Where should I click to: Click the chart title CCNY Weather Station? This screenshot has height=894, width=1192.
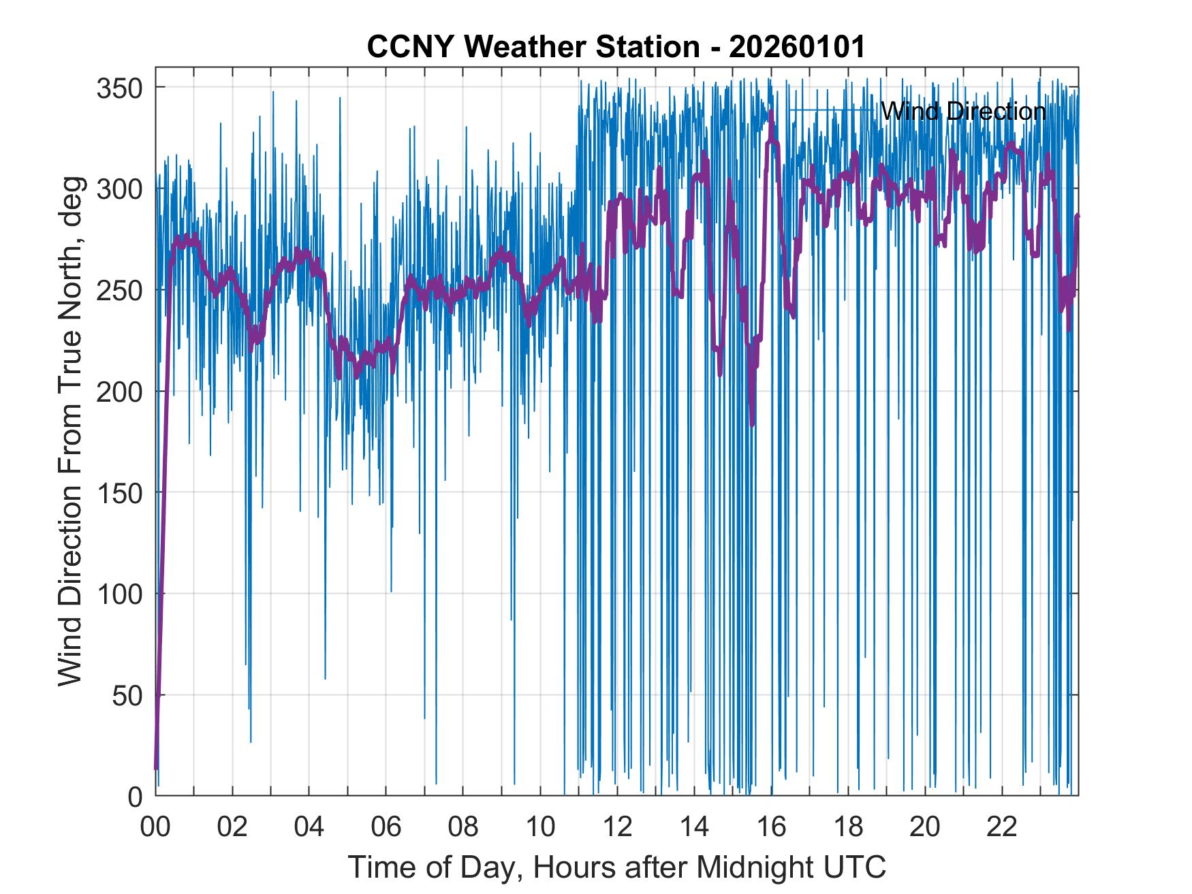pyautogui.click(x=616, y=47)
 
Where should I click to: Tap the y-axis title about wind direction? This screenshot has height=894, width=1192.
pyautogui.click(x=70, y=431)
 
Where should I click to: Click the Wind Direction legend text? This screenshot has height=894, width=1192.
pyautogui.click(x=963, y=111)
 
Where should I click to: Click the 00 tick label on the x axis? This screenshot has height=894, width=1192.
pyautogui.click(x=155, y=827)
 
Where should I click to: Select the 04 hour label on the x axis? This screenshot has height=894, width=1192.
pyautogui.click(x=309, y=827)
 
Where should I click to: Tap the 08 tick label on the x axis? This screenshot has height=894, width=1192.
pyautogui.click(x=463, y=827)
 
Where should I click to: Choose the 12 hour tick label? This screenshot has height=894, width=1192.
pyautogui.click(x=617, y=827)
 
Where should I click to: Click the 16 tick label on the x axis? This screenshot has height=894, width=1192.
pyautogui.click(x=771, y=827)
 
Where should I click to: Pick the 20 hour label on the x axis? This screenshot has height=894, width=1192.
pyautogui.click(x=925, y=827)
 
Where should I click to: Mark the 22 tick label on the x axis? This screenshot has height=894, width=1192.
pyautogui.click(x=1002, y=827)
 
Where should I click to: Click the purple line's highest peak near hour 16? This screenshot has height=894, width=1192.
pyautogui.click(x=771, y=113)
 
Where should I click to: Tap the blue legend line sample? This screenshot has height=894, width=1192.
pyautogui.click(x=831, y=110)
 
